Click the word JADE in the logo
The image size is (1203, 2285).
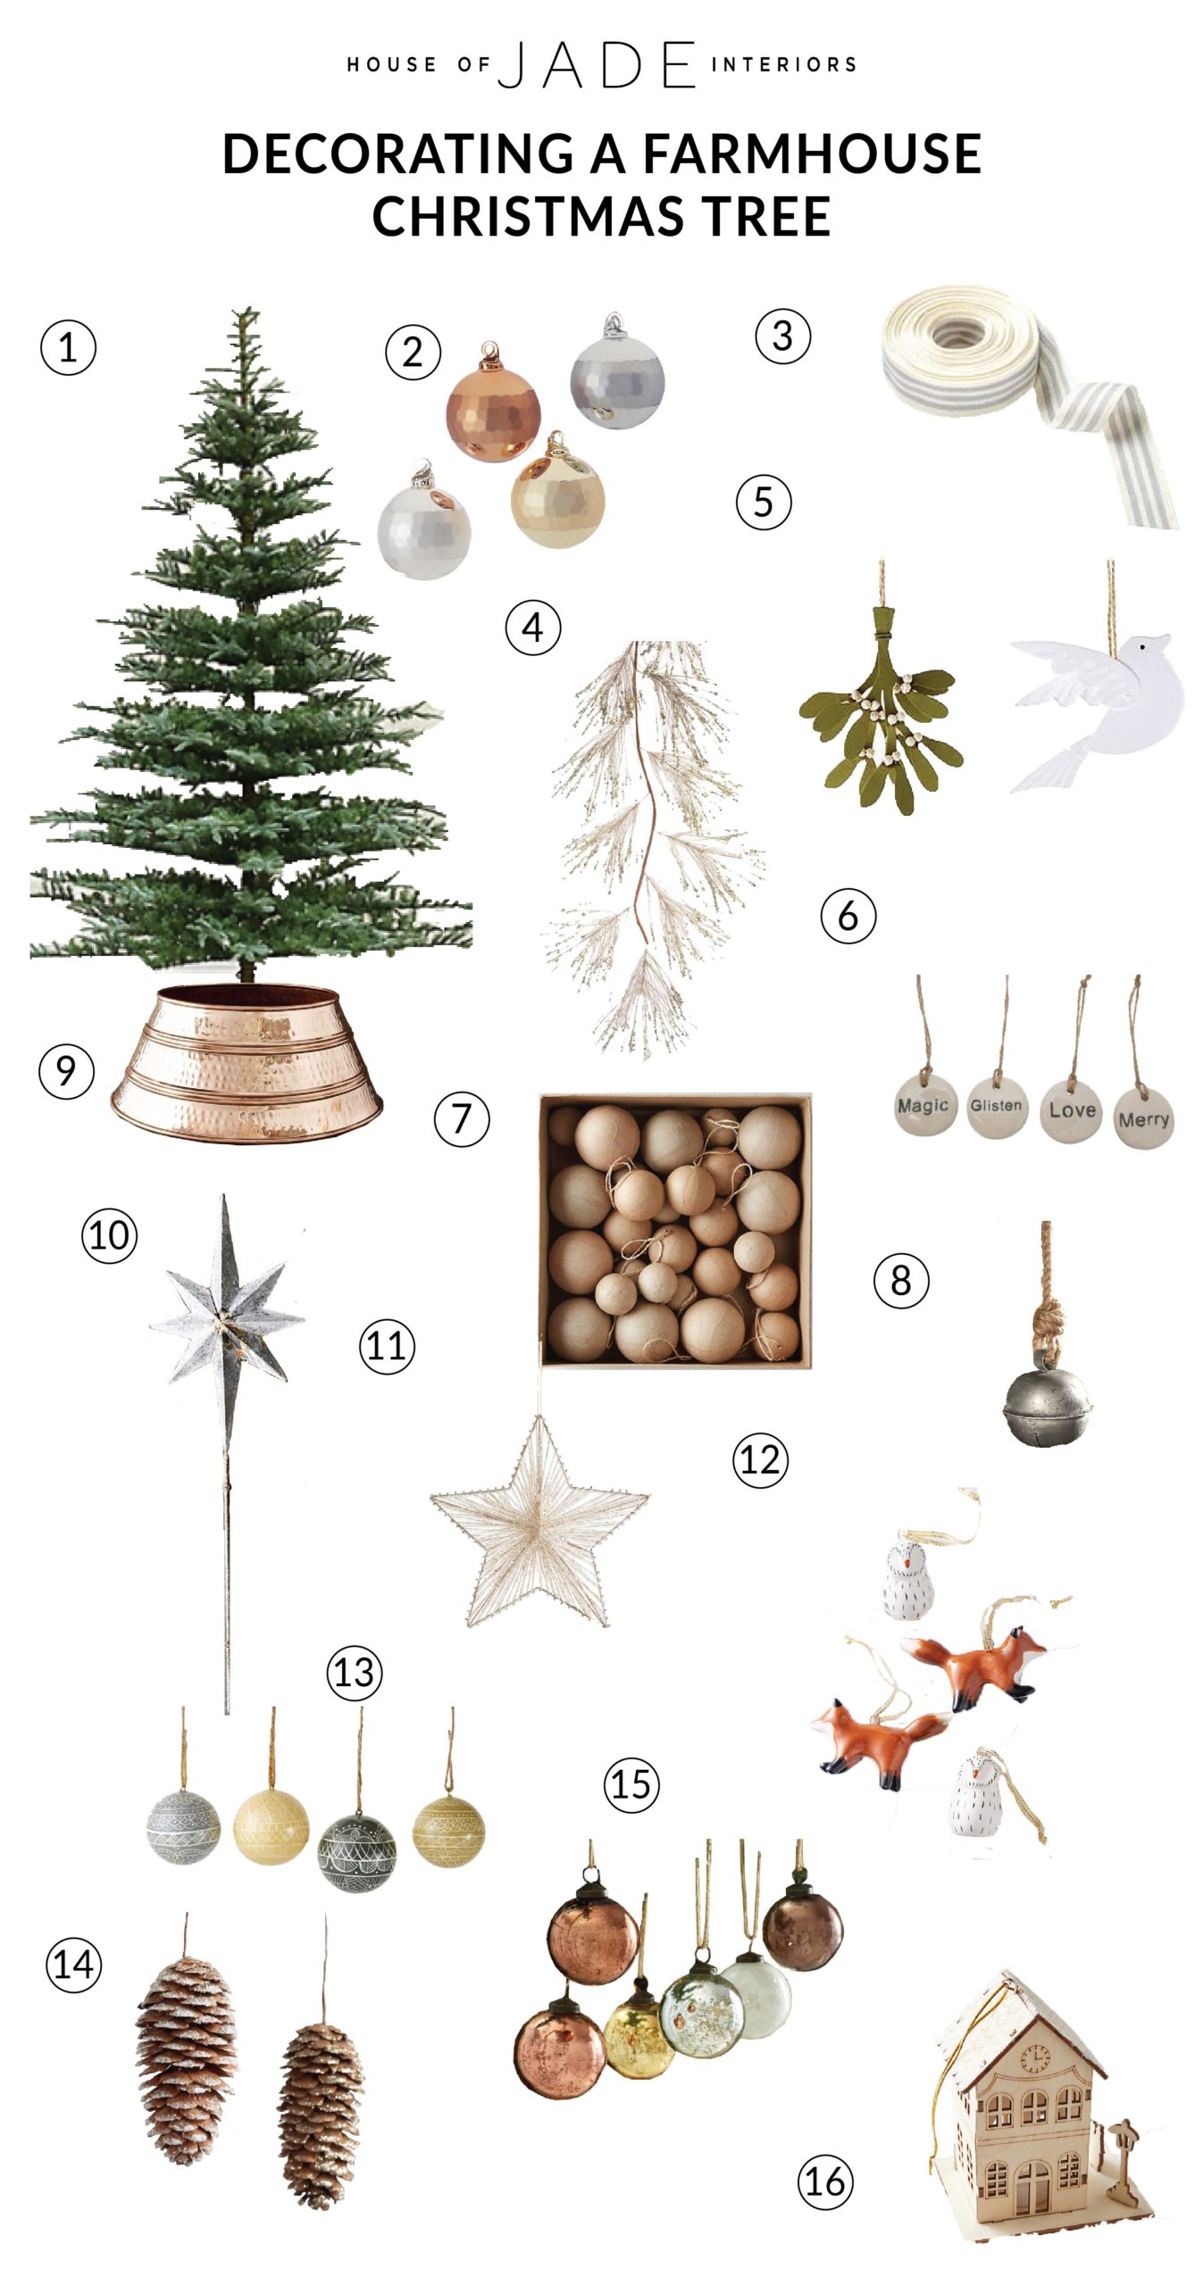[597, 64]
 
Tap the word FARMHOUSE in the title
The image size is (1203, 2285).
[811, 153]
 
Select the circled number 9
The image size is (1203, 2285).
[66, 1071]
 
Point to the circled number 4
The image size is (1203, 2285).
[533, 627]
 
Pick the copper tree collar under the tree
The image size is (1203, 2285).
[246, 1061]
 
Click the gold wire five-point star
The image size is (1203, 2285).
[539, 1520]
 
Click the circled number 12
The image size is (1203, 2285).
[760, 1460]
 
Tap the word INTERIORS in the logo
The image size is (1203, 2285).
[783, 64]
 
